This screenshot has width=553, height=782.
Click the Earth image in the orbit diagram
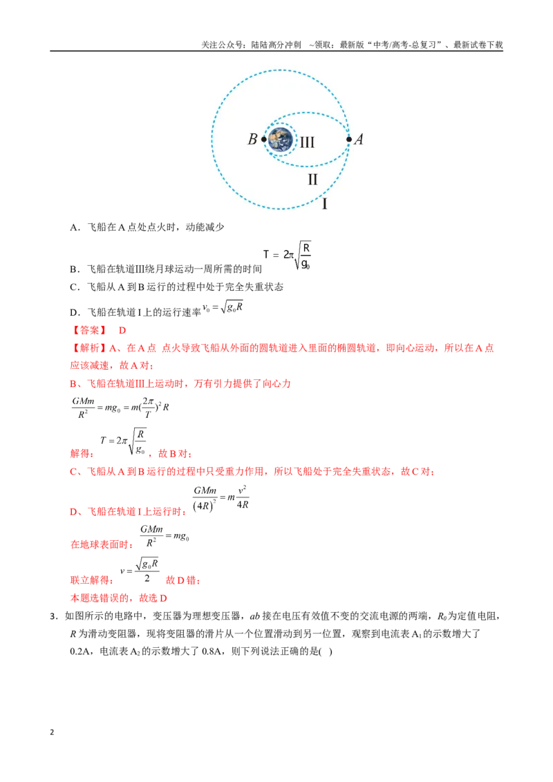point(281,140)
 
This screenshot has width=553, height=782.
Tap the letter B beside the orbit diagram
point(252,139)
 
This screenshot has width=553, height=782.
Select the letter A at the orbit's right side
point(358,139)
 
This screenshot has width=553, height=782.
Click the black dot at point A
point(349,139)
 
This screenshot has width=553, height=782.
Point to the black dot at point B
point(264,140)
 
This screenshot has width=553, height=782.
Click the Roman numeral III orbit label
point(307,142)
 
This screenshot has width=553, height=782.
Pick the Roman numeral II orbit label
point(312,179)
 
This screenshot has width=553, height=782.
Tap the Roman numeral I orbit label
point(325,204)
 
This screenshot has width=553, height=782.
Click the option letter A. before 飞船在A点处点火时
point(75,227)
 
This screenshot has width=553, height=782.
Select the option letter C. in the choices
point(75,287)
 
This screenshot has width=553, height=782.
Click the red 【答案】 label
point(89,330)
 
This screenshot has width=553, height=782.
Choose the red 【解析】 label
point(89,348)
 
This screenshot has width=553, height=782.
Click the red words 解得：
point(82,453)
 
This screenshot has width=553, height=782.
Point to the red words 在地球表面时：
point(102,544)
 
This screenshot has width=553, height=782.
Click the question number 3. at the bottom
point(55,616)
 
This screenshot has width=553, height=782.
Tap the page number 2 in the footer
point(52,732)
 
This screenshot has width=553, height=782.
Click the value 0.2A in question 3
point(79,651)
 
